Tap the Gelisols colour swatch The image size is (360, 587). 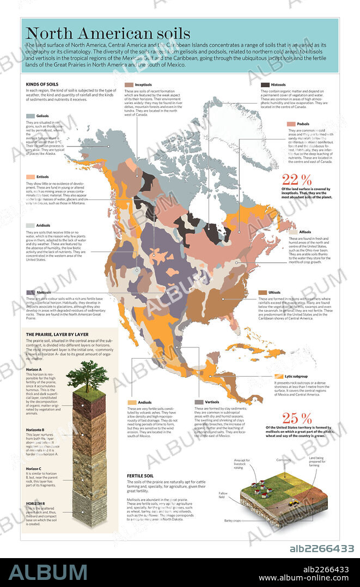coord(30,116)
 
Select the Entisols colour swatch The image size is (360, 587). coord(30,177)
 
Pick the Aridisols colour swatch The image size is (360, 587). coord(30,225)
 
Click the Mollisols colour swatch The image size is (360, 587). coord(30,293)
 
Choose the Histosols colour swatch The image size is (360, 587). coord(265,85)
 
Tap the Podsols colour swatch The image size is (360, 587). coord(292,124)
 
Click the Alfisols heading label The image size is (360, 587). coord(305,232)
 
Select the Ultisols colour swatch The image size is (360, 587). coord(263,293)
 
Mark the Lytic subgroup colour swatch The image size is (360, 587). coord(279,376)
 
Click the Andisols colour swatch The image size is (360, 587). coord(131,402)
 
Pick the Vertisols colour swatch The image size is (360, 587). coord(199,402)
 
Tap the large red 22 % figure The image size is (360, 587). coord(297,179)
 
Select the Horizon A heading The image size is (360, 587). coord(34,370)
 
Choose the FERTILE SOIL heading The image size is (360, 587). coord(141,475)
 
